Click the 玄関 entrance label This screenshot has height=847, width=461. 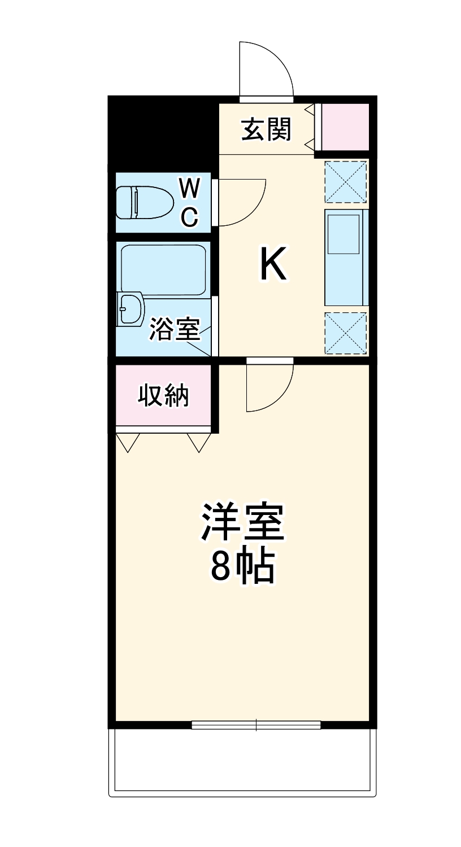266,129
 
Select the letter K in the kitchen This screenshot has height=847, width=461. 273,265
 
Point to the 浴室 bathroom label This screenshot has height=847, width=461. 175,329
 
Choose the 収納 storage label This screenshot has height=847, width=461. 164,396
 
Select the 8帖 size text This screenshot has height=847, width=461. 243,566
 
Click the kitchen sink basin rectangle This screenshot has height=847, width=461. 343,234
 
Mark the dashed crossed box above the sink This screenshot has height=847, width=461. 346,181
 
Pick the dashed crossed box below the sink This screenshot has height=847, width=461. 346,333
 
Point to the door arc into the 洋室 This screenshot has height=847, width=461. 270,387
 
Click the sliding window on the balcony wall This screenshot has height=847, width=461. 256,724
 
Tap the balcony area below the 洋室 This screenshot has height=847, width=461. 243,759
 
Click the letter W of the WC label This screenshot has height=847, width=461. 190,189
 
